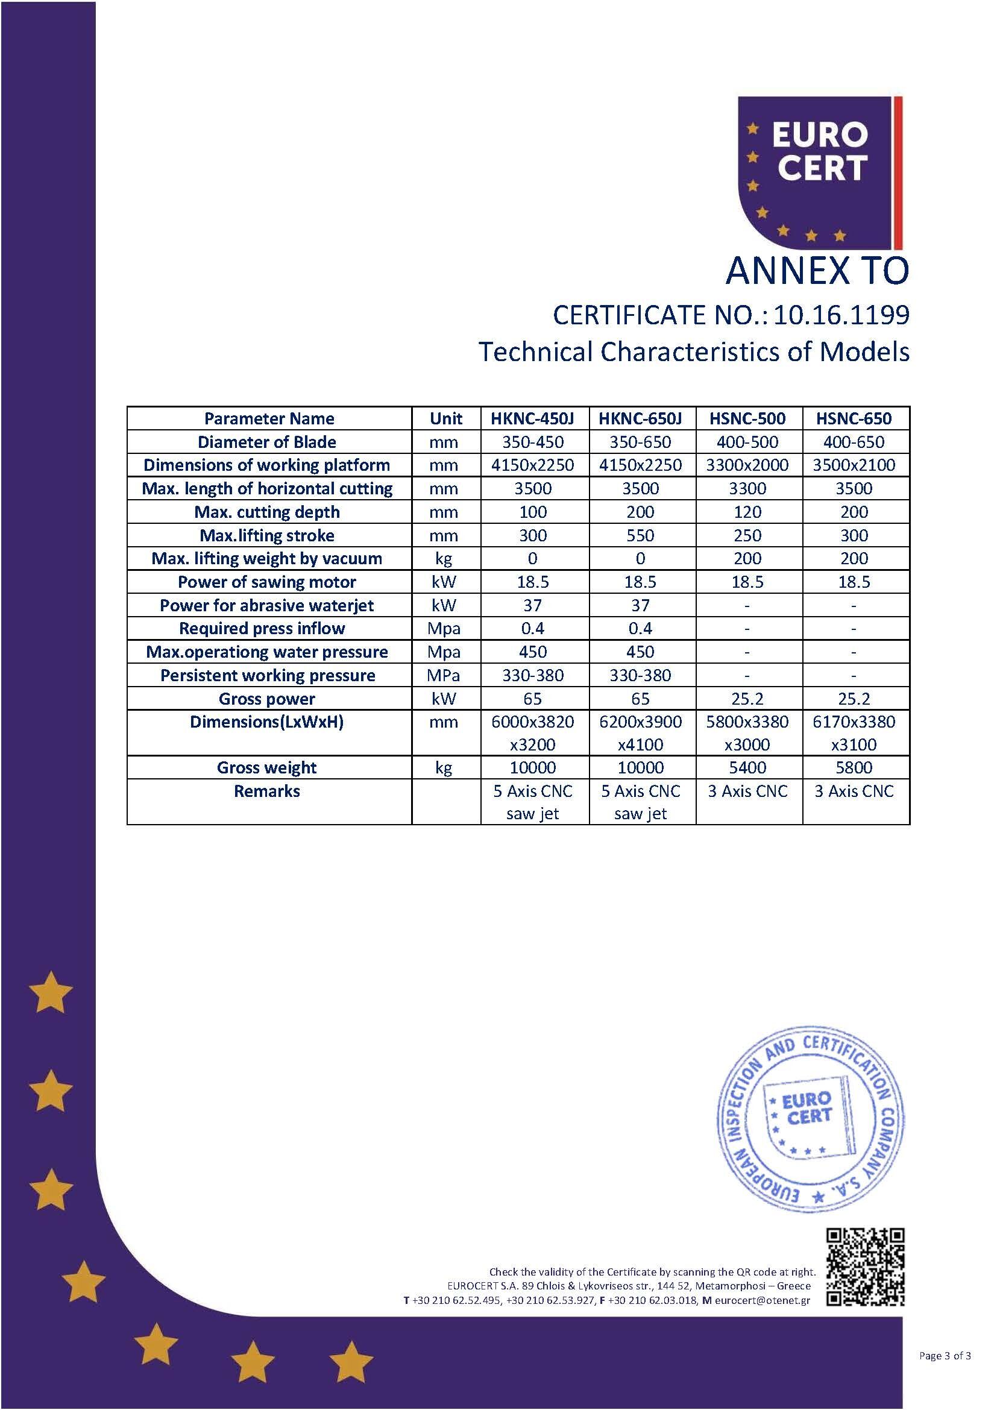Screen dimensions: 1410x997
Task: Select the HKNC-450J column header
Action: [532, 418]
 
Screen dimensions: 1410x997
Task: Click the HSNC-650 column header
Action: [854, 418]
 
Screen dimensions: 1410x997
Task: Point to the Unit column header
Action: [445, 418]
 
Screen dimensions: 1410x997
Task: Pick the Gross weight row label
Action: [266, 767]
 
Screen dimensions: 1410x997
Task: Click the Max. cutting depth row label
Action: [266, 512]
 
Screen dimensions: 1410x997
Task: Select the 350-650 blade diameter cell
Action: [640, 441]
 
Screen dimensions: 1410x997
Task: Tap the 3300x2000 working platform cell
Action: [747, 465]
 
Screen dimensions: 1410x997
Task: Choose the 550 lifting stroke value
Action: [640, 535]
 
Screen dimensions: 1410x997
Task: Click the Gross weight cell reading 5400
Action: [747, 767]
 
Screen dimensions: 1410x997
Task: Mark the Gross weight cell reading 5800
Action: [854, 767]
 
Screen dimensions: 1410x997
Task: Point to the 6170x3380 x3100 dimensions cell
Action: [854, 732]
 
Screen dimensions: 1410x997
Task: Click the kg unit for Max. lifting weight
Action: [443, 558]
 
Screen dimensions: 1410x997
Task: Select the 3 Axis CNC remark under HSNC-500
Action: [747, 791]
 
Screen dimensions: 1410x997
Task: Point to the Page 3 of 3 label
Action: [945, 1355]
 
